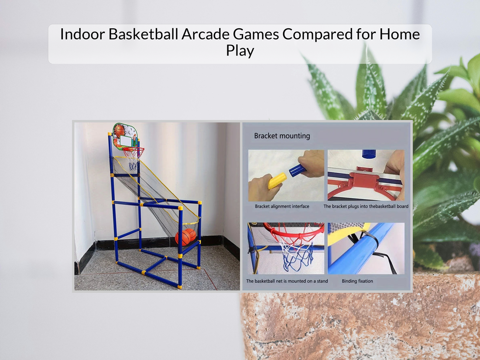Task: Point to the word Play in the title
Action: click(240, 51)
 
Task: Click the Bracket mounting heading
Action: click(282, 136)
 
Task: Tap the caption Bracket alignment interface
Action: click(282, 206)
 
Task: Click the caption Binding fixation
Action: click(357, 281)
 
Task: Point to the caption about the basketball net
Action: click(287, 281)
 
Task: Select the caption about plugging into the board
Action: click(366, 206)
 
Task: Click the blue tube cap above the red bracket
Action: click(369, 154)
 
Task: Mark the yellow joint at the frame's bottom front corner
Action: click(179, 286)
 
